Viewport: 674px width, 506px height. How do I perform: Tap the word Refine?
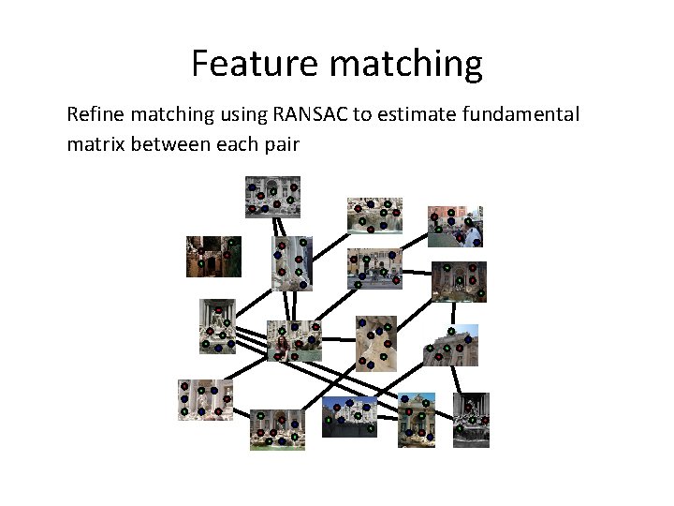[x=93, y=115]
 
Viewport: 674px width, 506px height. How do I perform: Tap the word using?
[x=244, y=115]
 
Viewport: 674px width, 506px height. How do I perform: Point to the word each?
[x=239, y=145]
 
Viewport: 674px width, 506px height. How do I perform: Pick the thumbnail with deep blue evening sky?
[x=349, y=416]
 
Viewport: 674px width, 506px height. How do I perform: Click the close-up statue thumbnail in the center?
[x=375, y=342]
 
